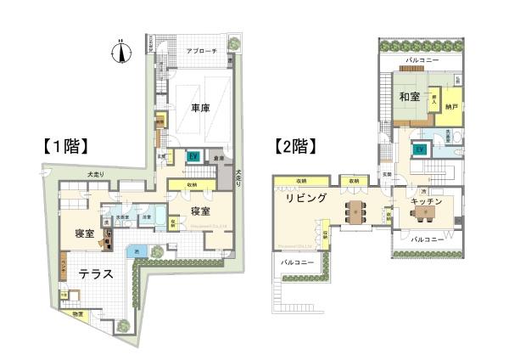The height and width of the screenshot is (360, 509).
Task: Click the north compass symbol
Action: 121,52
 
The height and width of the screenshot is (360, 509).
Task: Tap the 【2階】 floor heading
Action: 294,144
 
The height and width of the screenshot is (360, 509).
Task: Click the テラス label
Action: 98,275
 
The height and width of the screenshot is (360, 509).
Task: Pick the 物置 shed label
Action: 79,315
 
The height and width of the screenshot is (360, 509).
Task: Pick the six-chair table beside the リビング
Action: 355,210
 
